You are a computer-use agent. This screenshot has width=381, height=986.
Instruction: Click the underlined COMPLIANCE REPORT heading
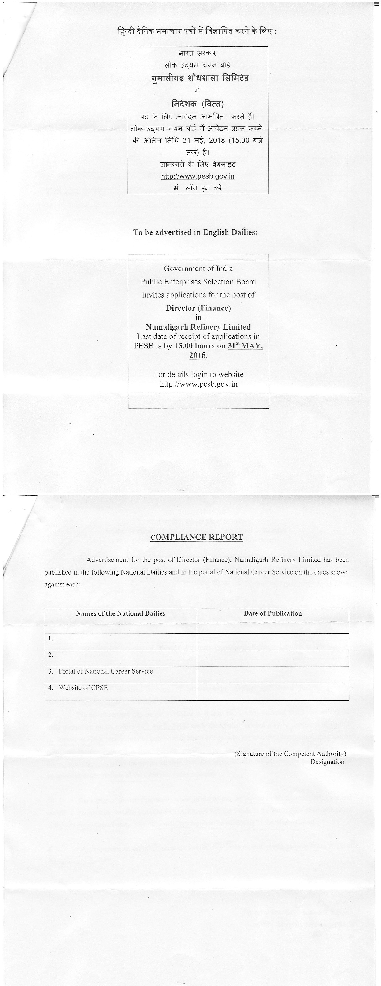pos(196,537)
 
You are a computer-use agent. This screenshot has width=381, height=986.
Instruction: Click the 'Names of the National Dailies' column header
pos(120,613)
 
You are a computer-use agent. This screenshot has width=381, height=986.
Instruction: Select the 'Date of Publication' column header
pos(273,613)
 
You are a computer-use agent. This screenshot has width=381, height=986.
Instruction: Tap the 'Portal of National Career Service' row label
pos(105,671)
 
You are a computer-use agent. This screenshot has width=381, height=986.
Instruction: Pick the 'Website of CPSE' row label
pos(83,688)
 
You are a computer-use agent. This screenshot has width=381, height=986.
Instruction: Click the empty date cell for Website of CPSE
pos(273,692)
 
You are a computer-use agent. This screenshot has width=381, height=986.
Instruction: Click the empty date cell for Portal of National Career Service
pos(273,675)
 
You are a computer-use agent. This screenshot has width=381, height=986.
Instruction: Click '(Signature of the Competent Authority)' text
pos(290,754)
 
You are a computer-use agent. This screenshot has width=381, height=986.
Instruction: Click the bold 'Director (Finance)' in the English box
pos(198,308)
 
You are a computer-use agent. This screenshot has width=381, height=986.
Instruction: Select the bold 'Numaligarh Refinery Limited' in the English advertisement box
pos(198,327)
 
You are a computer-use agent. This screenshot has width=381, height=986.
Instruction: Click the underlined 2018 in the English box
pos(197,355)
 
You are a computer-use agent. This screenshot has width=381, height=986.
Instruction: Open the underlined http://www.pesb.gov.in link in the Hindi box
pos(198,176)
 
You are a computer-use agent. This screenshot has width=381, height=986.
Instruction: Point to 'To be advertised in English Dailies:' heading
pos(195,232)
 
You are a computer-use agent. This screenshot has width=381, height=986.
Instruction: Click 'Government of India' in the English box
pos(198,269)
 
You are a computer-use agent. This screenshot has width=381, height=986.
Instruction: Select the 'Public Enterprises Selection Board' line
pos(198,282)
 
